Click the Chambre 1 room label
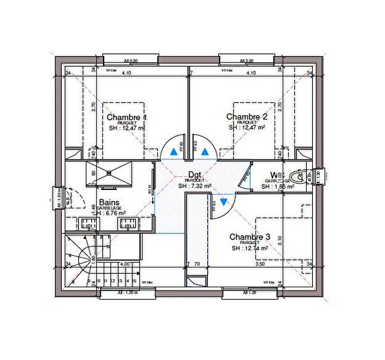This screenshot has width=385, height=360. pyautogui.click(x=126, y=117)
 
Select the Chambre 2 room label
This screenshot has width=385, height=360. pyautogui.click(x=246, y=117)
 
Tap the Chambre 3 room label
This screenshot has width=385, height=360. pyautogui.click(x=250, y=237)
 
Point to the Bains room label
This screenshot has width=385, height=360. pyautogui.click(x=110, y=202)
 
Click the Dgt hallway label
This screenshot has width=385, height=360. pyautogui.click(x=195, y=174)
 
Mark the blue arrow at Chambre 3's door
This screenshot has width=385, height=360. pyautogui.click(x=222, y=202)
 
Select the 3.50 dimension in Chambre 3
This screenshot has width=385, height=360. pyautogui.click(x=260, y=263)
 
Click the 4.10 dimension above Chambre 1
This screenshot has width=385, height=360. pyautogui.click(x=127, y=73)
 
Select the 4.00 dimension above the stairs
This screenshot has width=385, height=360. pyautogui.click(x=126, y=263)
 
